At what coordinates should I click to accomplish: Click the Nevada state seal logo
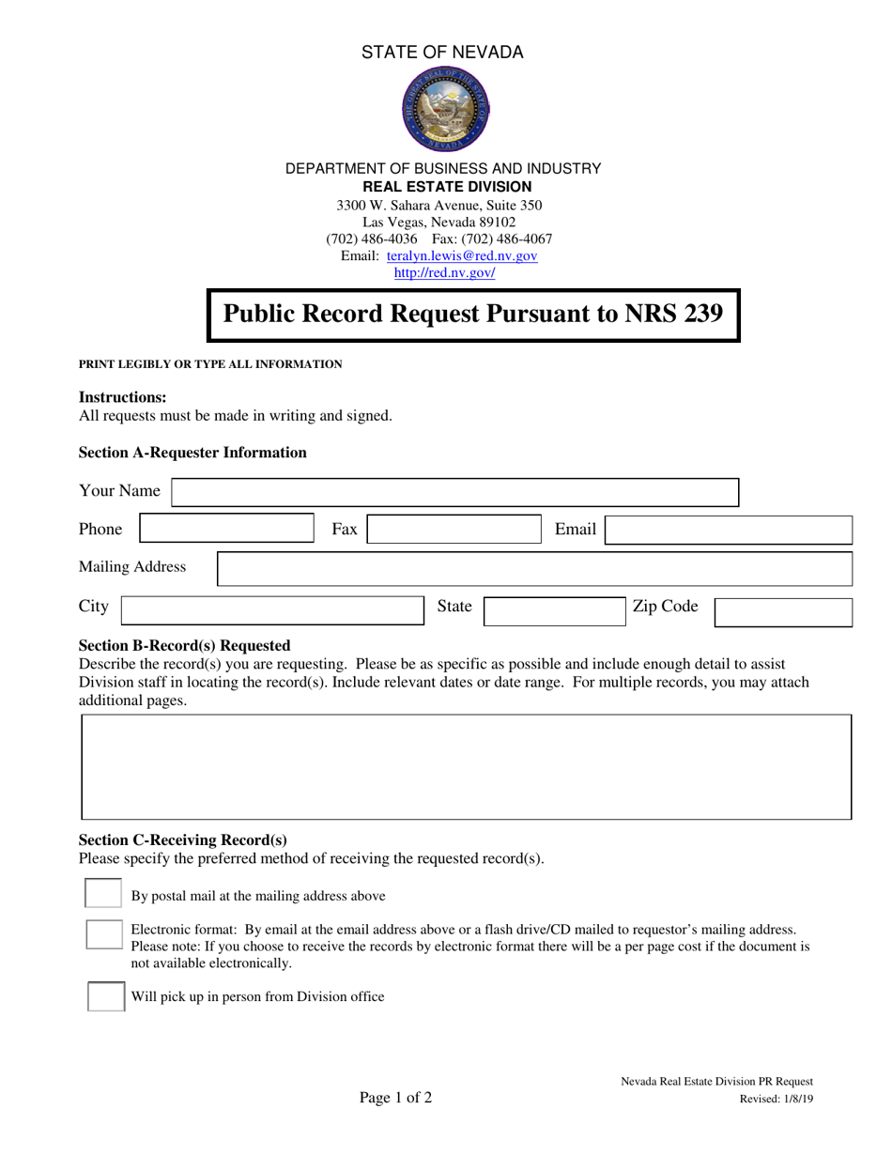445,111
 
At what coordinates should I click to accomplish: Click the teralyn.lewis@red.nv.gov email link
462,255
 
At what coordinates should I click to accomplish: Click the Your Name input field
455,492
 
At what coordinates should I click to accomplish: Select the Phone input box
227,530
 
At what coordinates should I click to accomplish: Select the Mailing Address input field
534,568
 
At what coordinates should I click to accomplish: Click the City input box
273,610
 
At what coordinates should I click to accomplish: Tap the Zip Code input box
783,611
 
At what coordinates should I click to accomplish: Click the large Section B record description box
467,766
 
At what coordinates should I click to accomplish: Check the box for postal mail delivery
103,893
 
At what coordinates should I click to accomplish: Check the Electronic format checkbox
104,935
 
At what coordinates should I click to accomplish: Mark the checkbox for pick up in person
105,996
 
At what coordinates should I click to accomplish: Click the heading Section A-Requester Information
192,453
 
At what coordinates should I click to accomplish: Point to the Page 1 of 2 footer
395,1098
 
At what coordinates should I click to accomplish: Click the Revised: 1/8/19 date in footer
776,1099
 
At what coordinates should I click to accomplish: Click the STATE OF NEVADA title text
443,53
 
